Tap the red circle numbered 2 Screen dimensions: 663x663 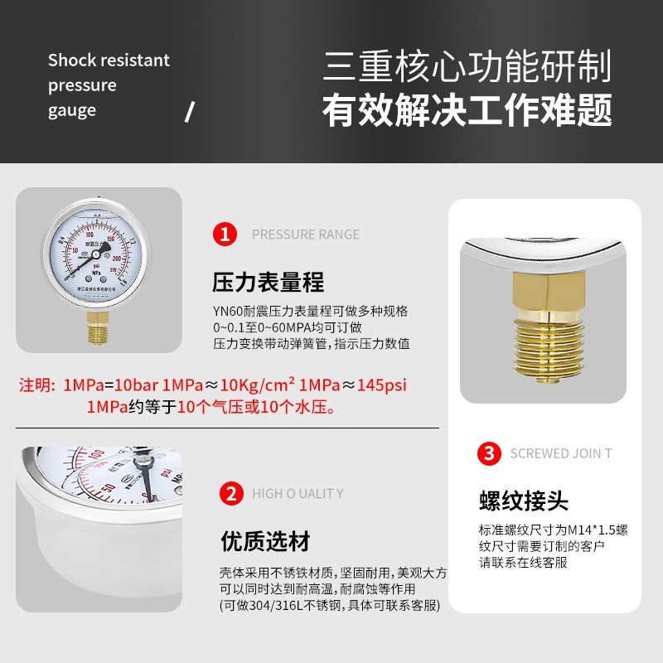230,494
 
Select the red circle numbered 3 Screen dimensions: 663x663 489,453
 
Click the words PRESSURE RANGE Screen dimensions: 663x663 305,235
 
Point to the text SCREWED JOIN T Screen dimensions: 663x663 561,453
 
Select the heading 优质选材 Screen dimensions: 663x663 265,542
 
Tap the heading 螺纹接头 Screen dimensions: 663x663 524,501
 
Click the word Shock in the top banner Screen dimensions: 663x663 70,60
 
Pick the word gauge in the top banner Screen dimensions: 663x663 71,110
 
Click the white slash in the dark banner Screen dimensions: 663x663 189,112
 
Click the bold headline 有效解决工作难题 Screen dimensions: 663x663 467,110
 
